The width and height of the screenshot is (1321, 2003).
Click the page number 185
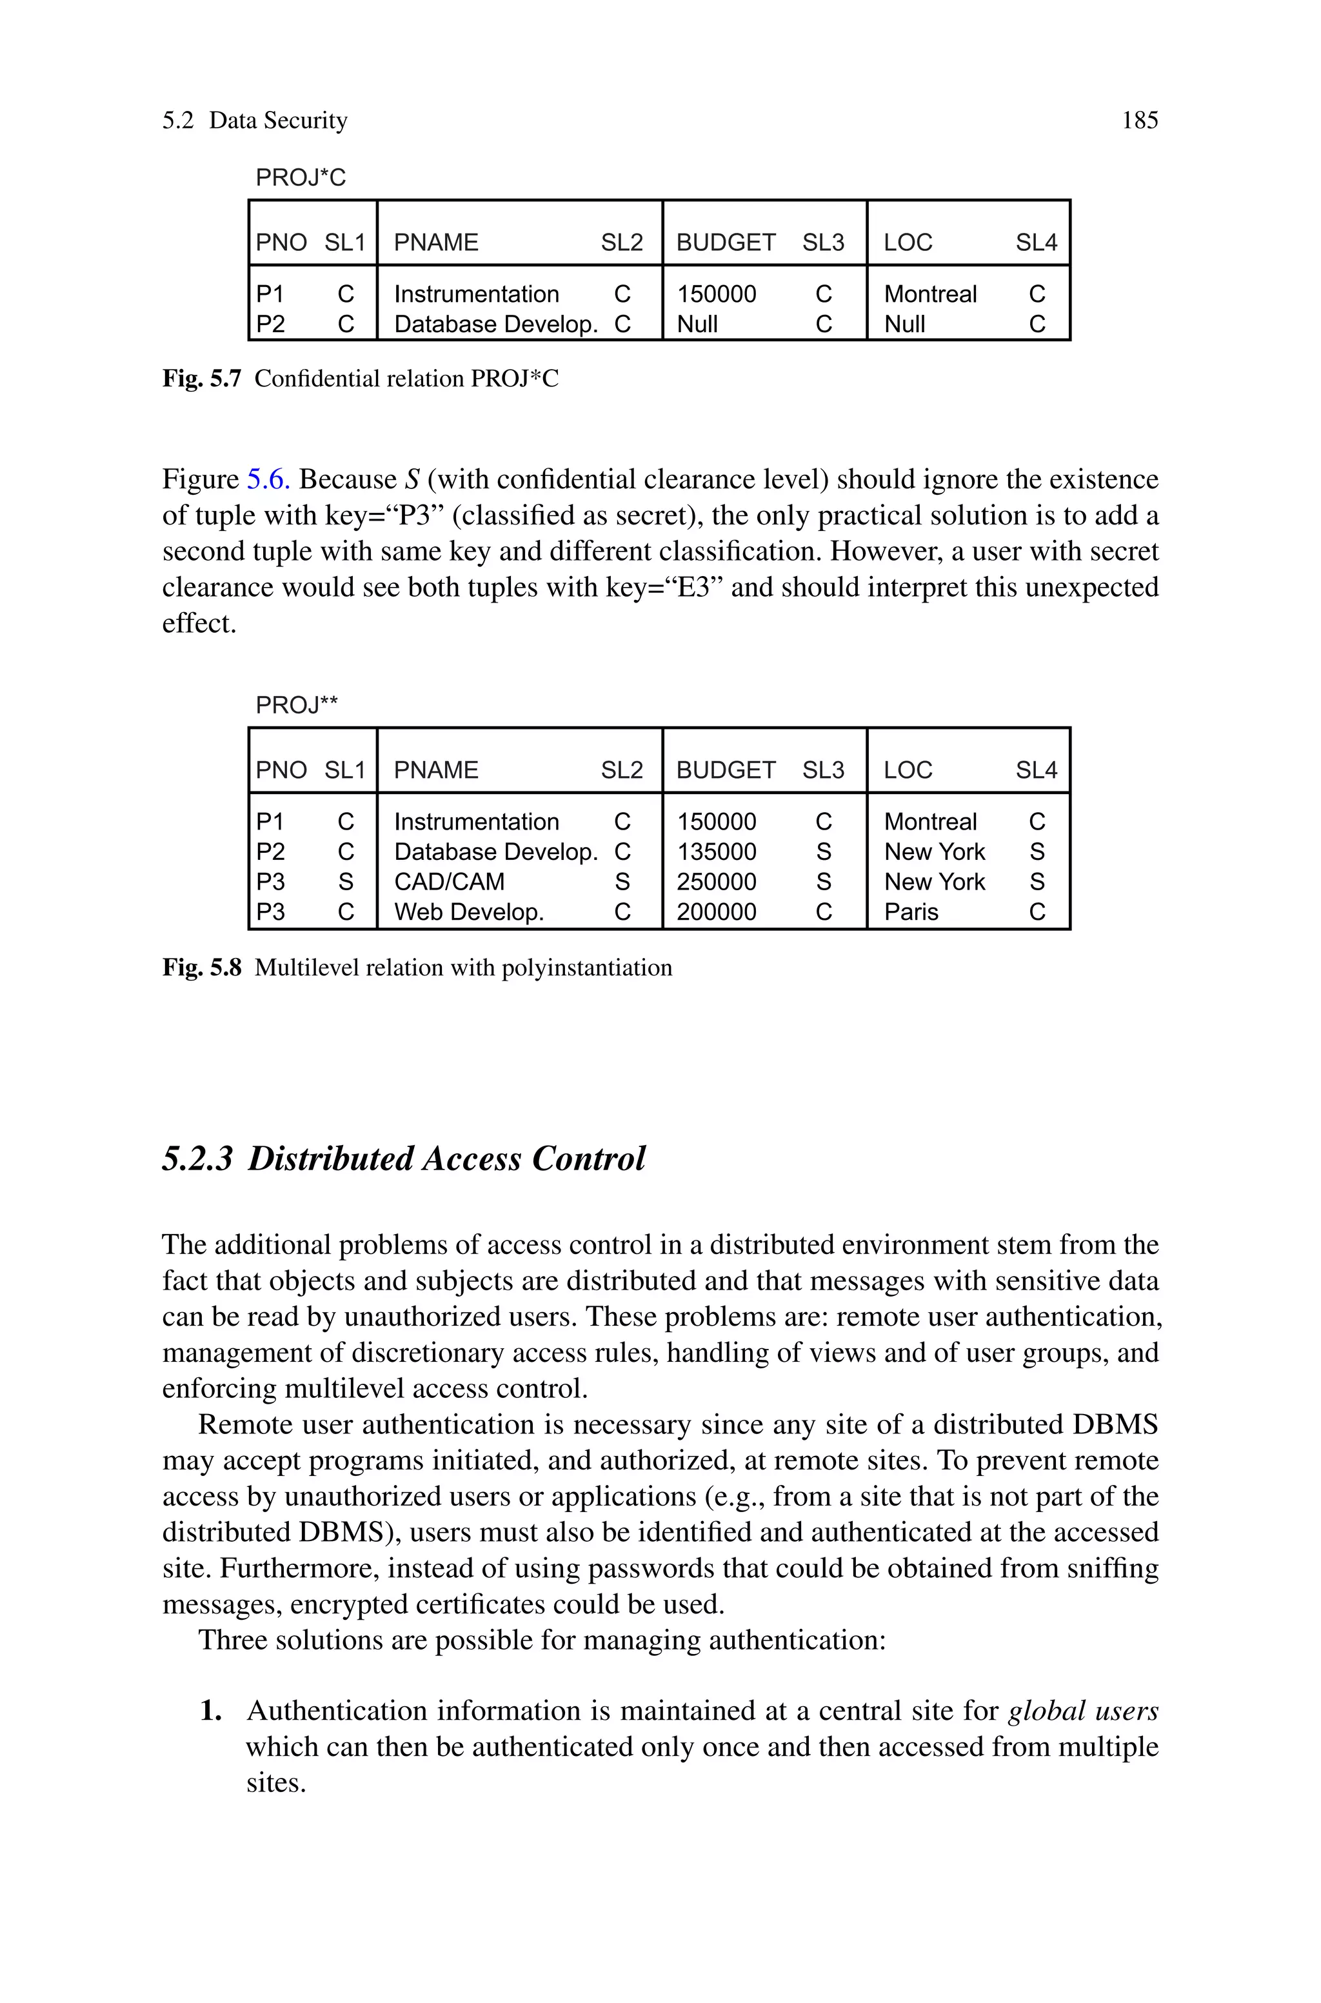(x=1139, y=121)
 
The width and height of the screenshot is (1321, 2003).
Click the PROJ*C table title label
(x=301, y=178)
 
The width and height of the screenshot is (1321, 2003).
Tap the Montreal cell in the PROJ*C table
(x=930, y=294)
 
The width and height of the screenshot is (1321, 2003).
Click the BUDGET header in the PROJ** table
(x=726, y=770)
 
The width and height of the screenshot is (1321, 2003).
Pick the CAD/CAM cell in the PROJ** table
(x=449, y=882)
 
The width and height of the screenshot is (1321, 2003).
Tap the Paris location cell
(x=911, y=912)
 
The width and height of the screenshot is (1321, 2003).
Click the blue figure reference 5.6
(x=268, y=479)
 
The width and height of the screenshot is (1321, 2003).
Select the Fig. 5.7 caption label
(x=201, y=379)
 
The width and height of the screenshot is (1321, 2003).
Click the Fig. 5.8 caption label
(x=201, y=968)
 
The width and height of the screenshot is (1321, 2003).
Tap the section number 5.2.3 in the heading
(x=197, y=1159)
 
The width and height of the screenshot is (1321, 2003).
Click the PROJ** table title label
(x=297, y=705)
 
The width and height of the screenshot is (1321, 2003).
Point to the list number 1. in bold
(x=212, y=1711)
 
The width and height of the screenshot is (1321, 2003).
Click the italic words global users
(x=1082, y=1711)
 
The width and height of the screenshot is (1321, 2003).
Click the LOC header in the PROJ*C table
(x=908, y=243)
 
